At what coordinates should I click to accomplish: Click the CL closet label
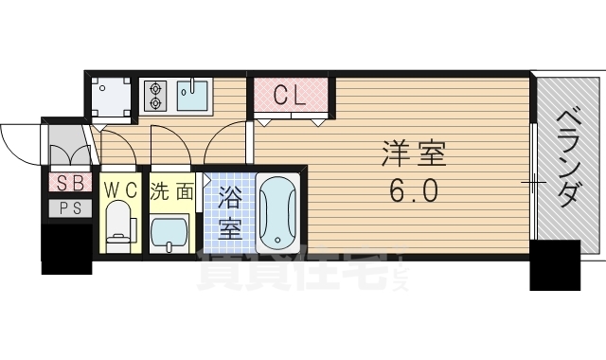[290, 95]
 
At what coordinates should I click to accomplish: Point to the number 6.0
[413, 192]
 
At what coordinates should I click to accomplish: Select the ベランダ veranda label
[567, 156]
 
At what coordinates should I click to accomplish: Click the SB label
[69, 183]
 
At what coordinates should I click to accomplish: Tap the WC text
[120, 190]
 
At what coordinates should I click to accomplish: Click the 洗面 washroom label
[172, 190]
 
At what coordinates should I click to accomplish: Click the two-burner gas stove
[155, 94]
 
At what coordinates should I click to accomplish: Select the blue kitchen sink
[193, 95]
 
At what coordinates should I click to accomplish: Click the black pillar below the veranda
[554, 264]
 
